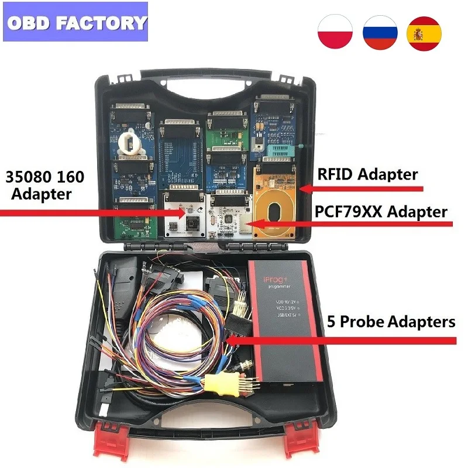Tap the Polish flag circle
tap(335, 33)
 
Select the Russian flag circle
tap(380, 33)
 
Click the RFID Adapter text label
tap(367, 174)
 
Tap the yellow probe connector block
tap(223, 383)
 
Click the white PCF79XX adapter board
tap(230, 215)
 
